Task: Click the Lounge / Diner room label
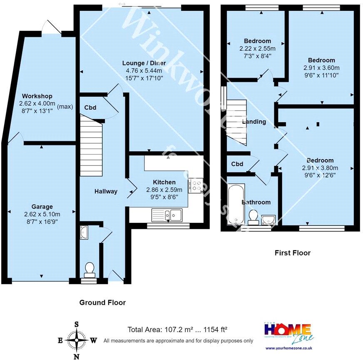[x=144, y=63]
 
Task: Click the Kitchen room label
[x=164, y=182]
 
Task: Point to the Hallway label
[x=106, y=191]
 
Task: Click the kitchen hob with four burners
[x=196, y=185]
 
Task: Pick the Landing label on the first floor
[x=254, y=122]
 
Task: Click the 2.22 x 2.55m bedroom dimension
[x=257, y=48]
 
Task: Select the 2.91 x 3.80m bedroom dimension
[x=320, y=168]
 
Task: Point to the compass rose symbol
[x=77, y=339]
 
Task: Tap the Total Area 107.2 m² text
[x=177, y=330]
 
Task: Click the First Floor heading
[x=292, y=252]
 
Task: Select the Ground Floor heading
[x=102, y=302]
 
